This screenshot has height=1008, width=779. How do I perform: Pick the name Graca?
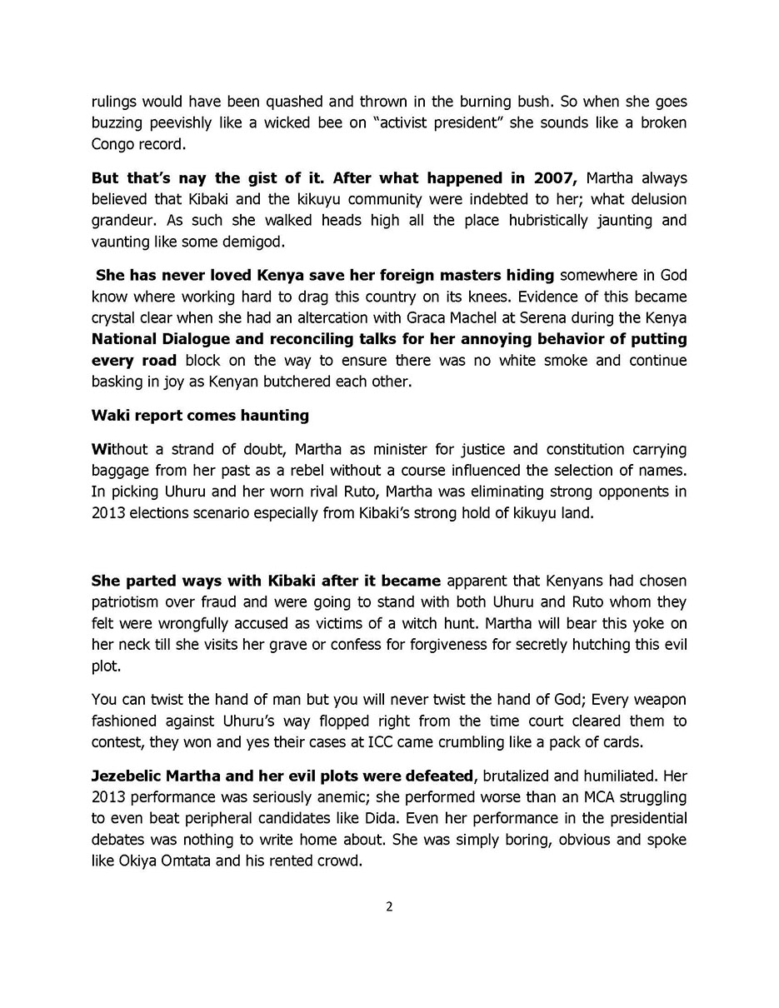404,317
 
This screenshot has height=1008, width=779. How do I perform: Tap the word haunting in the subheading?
276,415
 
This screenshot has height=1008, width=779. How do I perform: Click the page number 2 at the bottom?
389,907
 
